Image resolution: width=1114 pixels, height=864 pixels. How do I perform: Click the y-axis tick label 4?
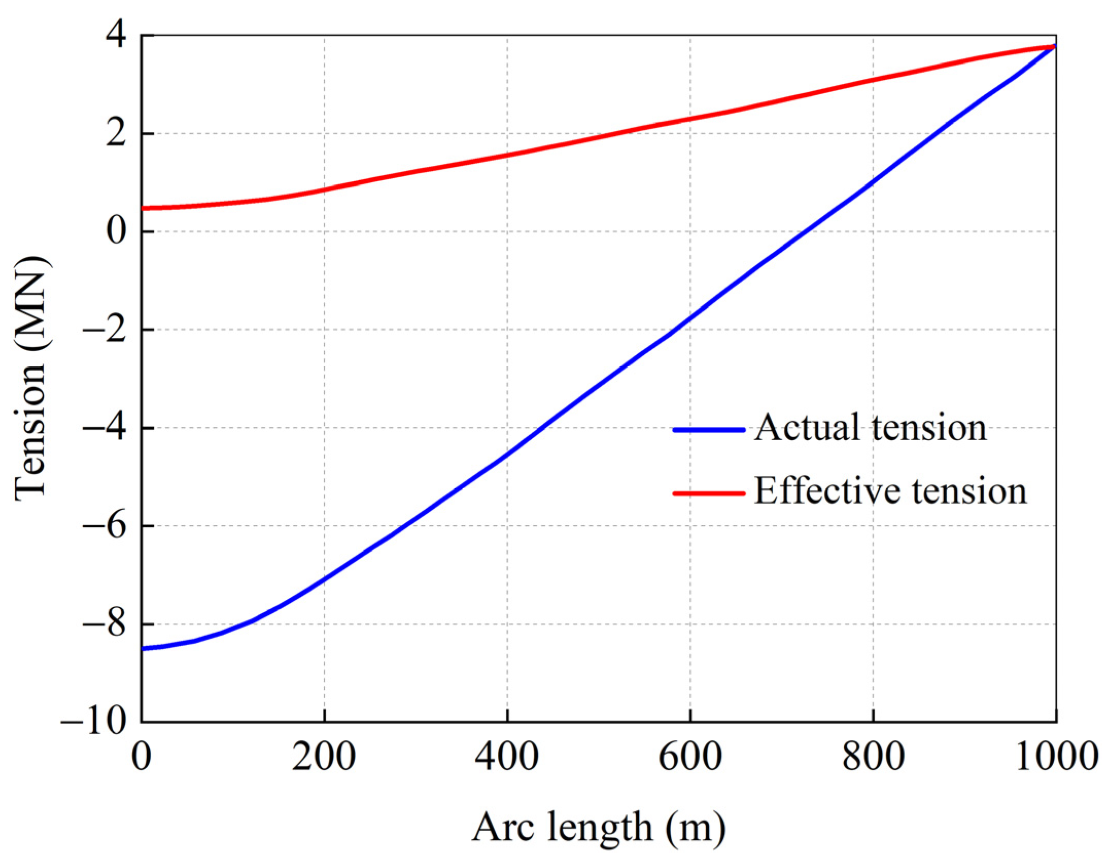[x=115, y=36]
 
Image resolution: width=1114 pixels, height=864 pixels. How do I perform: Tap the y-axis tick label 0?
[x=115, y=231]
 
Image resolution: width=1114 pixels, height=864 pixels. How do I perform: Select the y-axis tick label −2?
[x=105, y=330]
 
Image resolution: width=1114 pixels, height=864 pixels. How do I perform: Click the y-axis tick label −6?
[x=105, y=526]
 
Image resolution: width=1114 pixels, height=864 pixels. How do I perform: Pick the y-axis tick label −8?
[x=105, y=624]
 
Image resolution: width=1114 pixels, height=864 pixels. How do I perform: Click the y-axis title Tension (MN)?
[x=31, y=378]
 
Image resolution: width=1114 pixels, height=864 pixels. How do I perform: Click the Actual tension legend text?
[x=871, y=428]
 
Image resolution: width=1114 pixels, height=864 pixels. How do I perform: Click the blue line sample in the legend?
[x=709, y=429]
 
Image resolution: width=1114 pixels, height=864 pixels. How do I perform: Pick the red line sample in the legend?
[x=709, y=493]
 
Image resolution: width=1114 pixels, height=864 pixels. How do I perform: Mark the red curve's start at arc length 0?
[x=143, y=208]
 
